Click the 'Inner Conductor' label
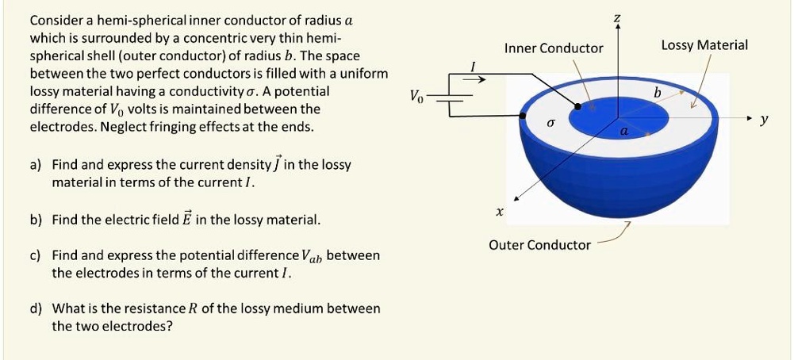pyautogui.click(x=554, y=48)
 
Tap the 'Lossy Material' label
pyautogui.click(x=704, y=45)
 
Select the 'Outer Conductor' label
pyautogui.click(x=539, y=245)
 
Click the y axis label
pyautogui.click(x=763, y=120)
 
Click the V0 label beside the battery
pyautogui.click(x=417, y=97)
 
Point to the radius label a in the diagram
pyautogui.click(x=624, y=132)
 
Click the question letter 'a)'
pyautogui.click(x=35, y=165)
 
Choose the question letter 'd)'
pyautogui.click(x=35, y=308)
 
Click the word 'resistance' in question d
pyautogui.click(x=129, y=308)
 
